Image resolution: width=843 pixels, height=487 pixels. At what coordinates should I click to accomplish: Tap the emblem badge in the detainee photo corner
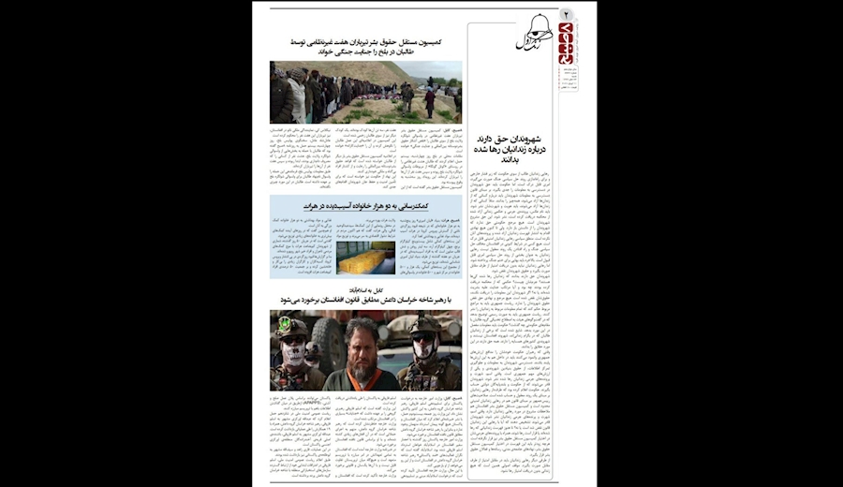282,321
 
